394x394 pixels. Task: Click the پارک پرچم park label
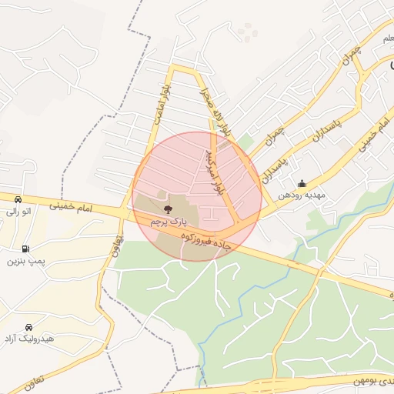click(168, 221)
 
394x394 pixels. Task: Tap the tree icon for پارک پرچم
click(168, 208)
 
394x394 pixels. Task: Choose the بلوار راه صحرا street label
click(216, 112)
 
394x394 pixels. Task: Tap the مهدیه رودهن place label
click(302, 195)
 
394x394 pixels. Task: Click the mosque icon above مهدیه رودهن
click(302, 183)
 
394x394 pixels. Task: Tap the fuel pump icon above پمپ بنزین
click(27, 249)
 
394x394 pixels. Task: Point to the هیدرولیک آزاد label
click(28, 339)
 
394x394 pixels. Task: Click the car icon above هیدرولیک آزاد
click(28, 327)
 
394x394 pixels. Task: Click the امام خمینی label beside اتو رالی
click(70, 206)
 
